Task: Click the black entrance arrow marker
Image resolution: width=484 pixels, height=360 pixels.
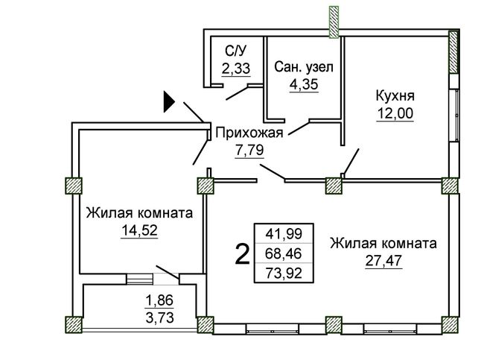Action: point(169,101)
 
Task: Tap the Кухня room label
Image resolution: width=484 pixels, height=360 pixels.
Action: point(395,96)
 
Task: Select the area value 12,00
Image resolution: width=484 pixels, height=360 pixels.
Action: point(395,113)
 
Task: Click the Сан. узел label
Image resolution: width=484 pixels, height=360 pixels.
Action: point(304,67)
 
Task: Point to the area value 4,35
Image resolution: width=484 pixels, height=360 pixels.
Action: point(304,84)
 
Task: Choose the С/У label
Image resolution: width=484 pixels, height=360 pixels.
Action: point(237,51)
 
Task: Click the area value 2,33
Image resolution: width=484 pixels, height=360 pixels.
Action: point(236,68)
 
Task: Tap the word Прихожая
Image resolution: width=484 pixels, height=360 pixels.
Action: point(249,133)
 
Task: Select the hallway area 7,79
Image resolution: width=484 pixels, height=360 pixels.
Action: point(249,150)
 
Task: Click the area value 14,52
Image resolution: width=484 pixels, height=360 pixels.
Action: point(139,230)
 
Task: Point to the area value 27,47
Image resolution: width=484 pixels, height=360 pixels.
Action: point(383,261)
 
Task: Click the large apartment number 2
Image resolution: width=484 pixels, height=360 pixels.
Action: point(242,254)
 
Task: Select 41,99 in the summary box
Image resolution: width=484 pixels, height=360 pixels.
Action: point(284,234)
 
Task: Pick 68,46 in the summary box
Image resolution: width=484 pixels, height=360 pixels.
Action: point(284,253)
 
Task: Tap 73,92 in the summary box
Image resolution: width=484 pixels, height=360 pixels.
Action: point(284,273)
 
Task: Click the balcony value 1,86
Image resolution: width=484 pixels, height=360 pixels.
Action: point(159,300)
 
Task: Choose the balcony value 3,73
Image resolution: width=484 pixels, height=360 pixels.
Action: point(159,318)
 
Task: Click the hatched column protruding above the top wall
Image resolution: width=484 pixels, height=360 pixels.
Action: point(334,22)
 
